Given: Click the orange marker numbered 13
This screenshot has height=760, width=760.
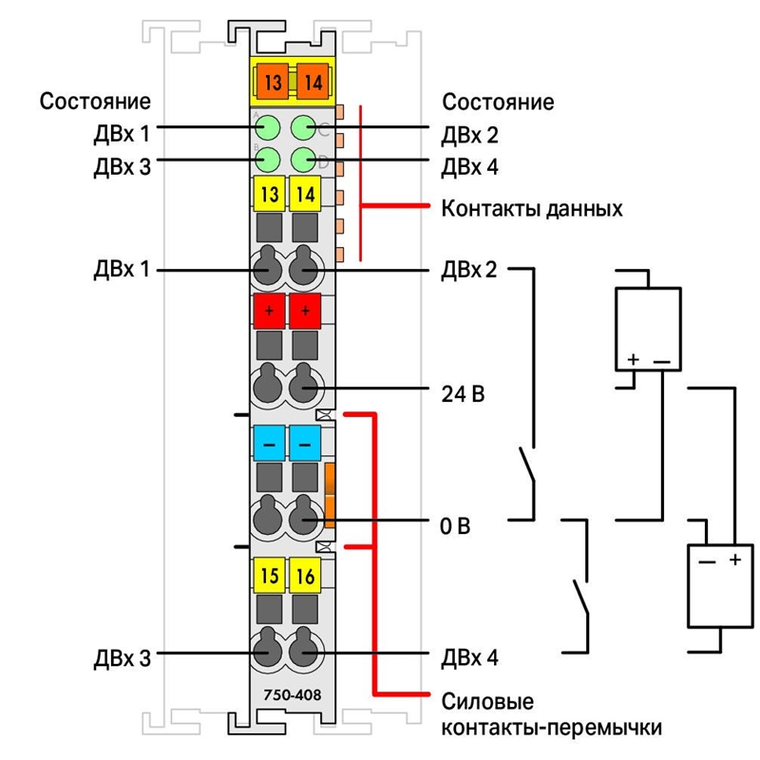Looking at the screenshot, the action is (x=273, y=82).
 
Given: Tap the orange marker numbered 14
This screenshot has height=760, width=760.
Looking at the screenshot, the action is (x=313, y=82).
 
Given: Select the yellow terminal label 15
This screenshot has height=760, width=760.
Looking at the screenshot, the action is (x=270, y=576).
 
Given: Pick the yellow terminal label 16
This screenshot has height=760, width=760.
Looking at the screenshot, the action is (x=305, y=576).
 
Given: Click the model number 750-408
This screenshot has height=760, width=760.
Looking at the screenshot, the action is (x=293, y=695).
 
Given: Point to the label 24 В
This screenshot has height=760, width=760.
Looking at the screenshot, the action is (x=463, y=393).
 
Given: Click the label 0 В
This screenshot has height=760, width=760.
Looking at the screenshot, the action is (x=455, y=526).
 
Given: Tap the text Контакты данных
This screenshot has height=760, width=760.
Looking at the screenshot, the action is (x=532, y=209).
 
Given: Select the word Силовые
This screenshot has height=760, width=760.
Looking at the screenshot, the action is (x=487, y=701).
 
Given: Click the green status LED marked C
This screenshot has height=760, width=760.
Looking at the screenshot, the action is (x=304, y=128).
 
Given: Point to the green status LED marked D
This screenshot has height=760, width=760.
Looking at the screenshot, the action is (x=304, y=160).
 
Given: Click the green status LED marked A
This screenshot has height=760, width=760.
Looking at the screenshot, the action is (x=267, y=128).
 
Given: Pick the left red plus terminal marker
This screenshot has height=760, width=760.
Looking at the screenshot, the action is (x=270, y=311).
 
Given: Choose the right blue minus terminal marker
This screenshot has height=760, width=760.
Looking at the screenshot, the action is (x=305, y=443).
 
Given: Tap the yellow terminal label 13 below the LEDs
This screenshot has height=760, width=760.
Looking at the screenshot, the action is (x=270, y=194).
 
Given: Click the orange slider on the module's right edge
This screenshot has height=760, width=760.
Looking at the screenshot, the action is (x=330, y=495).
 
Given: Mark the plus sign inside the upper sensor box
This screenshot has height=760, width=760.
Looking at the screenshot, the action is (x=633, y=359).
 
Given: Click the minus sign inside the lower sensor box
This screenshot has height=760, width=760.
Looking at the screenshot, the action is (x=707, y=562).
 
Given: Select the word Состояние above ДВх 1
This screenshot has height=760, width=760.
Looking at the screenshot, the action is (x=95, y=102).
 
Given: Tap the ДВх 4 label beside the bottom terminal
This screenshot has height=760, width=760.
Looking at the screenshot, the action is (x=469, y=657).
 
